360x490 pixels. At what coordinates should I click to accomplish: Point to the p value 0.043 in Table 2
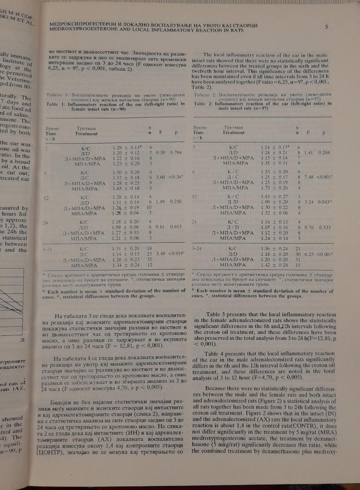(x=321, y=213)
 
